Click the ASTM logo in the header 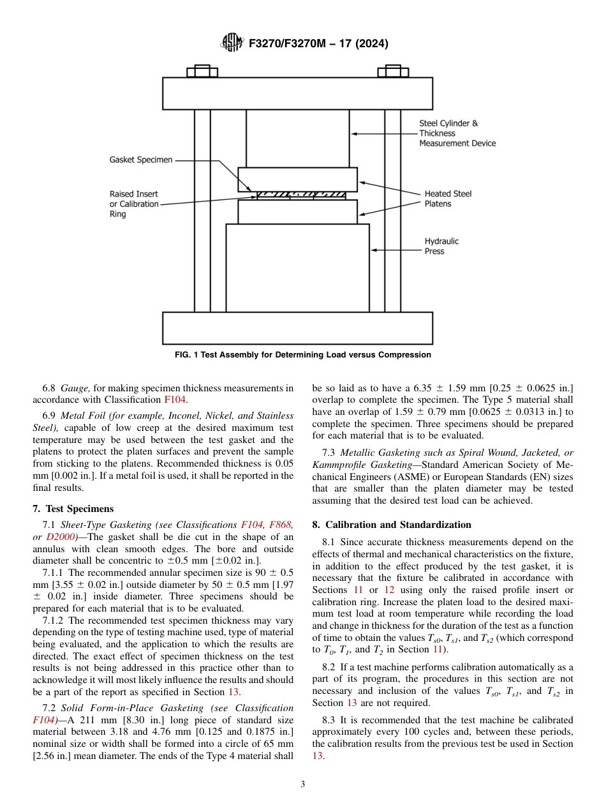[x=231, y=43]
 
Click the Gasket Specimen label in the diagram [x=141, y=160]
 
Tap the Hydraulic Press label [x=441, y=246]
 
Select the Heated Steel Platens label [x=448, y=199]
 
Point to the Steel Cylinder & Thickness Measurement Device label [x=457, y=133]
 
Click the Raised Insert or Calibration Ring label [x=134, y=204]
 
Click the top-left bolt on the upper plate [x=202, y=71]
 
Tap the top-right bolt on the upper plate [x=393, y=71]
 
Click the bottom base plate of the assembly [x=297, y=327]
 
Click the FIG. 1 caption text [x=303, y=355]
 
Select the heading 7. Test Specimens [x=73, y=509]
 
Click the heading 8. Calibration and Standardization [x=392, y=525]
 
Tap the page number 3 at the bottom [x=303, y=784]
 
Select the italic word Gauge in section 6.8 [x=74, y=387]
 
